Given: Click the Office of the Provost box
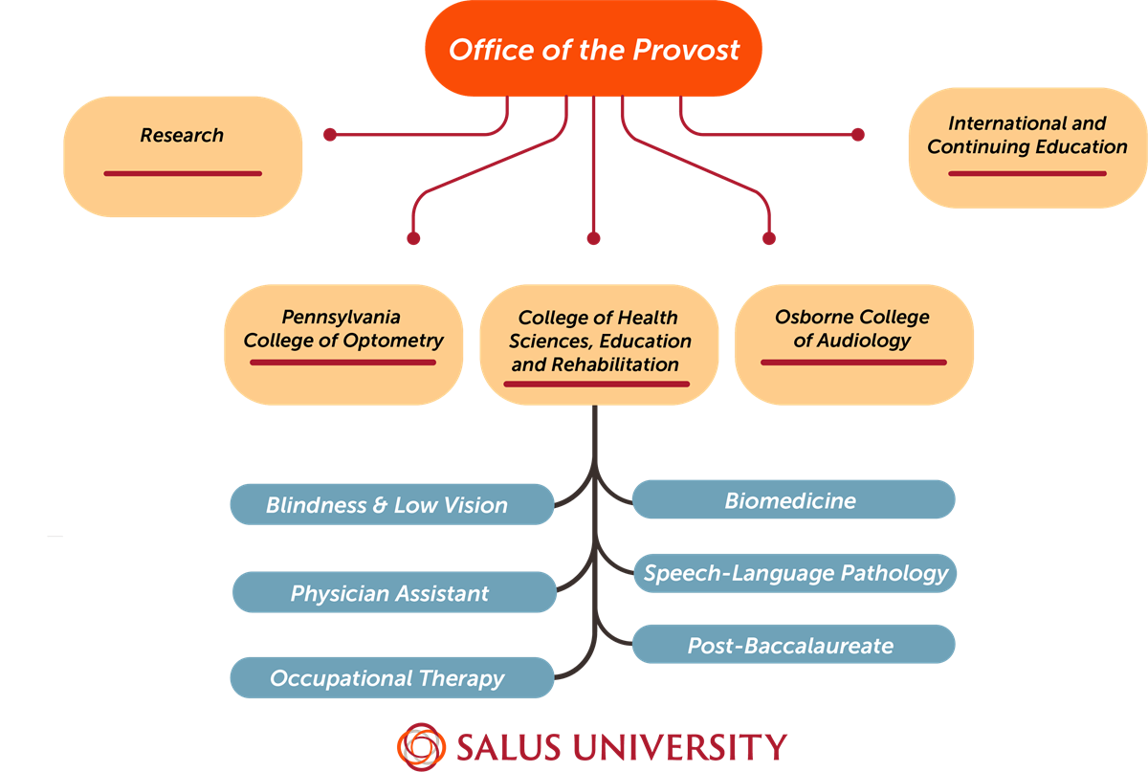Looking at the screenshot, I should pos(593,50).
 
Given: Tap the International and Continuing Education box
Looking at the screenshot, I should pos(1027,147).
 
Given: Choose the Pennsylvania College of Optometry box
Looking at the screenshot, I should pos(343,342).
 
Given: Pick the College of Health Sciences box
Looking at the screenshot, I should pos(599,342).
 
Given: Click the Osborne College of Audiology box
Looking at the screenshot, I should pos(852,342).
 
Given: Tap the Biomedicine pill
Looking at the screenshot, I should pos(793,500).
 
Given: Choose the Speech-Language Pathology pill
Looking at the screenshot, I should pos(795,573).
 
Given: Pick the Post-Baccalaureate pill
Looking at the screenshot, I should pos(793,645).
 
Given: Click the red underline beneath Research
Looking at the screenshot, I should pos(182,173).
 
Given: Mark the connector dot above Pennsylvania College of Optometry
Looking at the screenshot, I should pos(413,238).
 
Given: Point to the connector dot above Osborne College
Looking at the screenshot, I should pos(769,238).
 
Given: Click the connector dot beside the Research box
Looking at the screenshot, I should pos(330,135).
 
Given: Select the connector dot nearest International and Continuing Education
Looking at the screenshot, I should pos(857,135).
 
